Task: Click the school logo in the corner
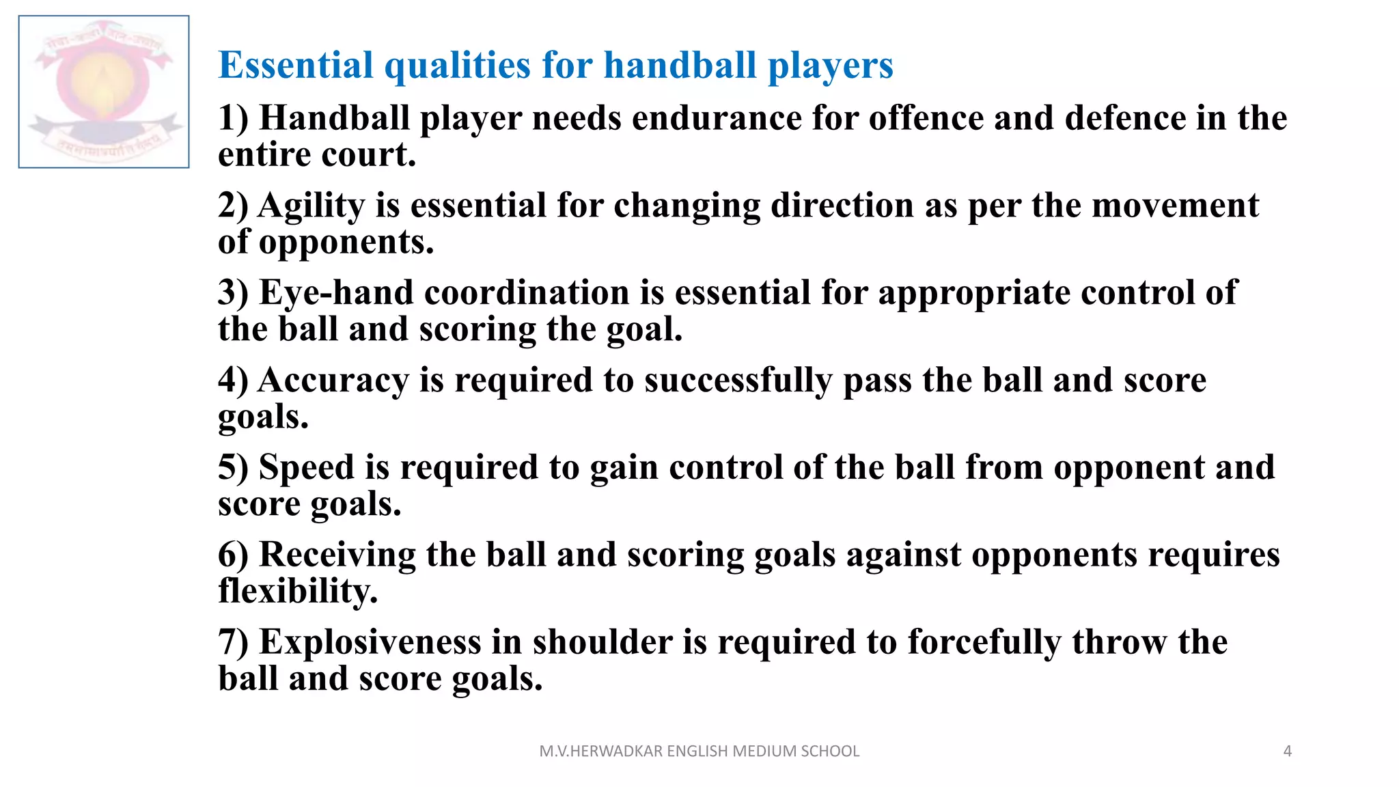pyautogui.click(x=104, y=92)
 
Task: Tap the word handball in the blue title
pyautogui.click(x=680, y=66)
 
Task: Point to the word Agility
pyautogui.click(x=311, y=206)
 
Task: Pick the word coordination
pyautogui.click(x=527, y=293)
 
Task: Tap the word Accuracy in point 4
pyautogui.click(x=333, y=381)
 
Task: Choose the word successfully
pyautogui.click(x=738, y=381)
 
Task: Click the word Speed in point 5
pyautogui.click(x=307, y=468)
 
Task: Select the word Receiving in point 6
pyautogui.click(x=337, y=555)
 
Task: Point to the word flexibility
pyautogui.click(x=298, y=592)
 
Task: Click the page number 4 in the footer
pyautogui.click(x=1288, y=751)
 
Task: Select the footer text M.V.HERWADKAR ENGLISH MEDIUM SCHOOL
pyautogui.click(x=699, y=751)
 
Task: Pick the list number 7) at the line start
pyautogui.click(x=233, y=642)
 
